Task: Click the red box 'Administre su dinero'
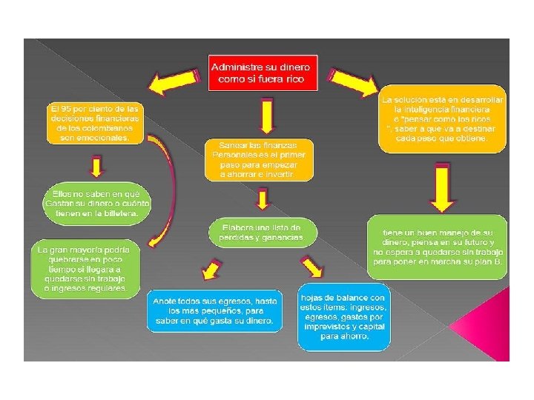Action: tap(262, 72)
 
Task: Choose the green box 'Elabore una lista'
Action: tap(266, 231)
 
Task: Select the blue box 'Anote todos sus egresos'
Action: tap(214, 310)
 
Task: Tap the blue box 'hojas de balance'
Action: tap(343, 316)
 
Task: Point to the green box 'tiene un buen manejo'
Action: tap(438, 247)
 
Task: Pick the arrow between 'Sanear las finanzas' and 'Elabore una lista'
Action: tap(263, 199)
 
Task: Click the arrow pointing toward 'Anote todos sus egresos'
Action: tap(213, 267)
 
